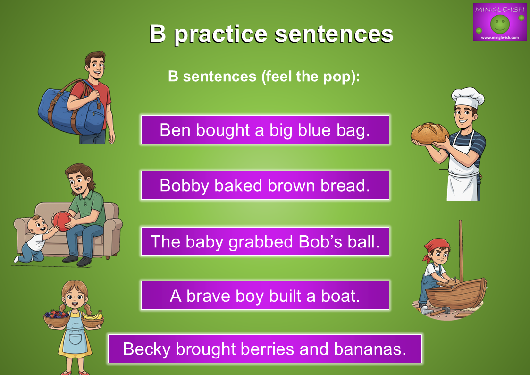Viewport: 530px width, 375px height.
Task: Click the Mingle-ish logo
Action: point(500,22)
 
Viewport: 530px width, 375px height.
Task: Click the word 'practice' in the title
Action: point(221,34)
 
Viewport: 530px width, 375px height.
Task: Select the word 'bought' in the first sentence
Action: point(223,130)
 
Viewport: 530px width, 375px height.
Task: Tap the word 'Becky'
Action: point(147,349)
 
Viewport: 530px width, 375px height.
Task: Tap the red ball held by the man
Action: point(62,222)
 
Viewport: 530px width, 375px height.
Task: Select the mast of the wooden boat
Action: point(461,251)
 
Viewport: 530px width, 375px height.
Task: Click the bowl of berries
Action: point(57,318)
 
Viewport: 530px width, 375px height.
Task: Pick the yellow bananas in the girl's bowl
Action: point(93,316)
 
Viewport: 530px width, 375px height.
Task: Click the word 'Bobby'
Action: point(184,186)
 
